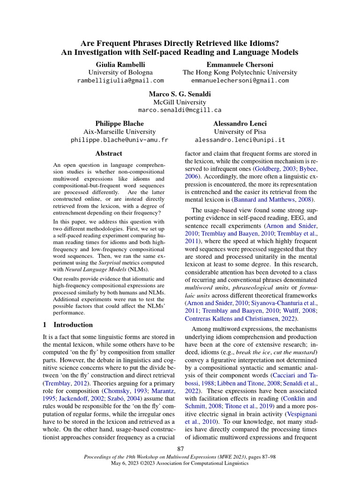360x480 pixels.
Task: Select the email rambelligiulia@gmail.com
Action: [120, 81]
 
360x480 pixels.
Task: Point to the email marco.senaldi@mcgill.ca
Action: [180, 110]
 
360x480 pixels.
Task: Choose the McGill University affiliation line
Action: [180, 102]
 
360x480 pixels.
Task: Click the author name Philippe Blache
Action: [119, 123]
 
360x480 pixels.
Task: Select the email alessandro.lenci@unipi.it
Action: [240, 140]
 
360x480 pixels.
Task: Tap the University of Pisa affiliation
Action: [240, 132]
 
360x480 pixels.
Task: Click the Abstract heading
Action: [109, 153]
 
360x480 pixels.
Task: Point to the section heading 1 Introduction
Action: [68, 324]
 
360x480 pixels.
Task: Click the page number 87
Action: [180, 450]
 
